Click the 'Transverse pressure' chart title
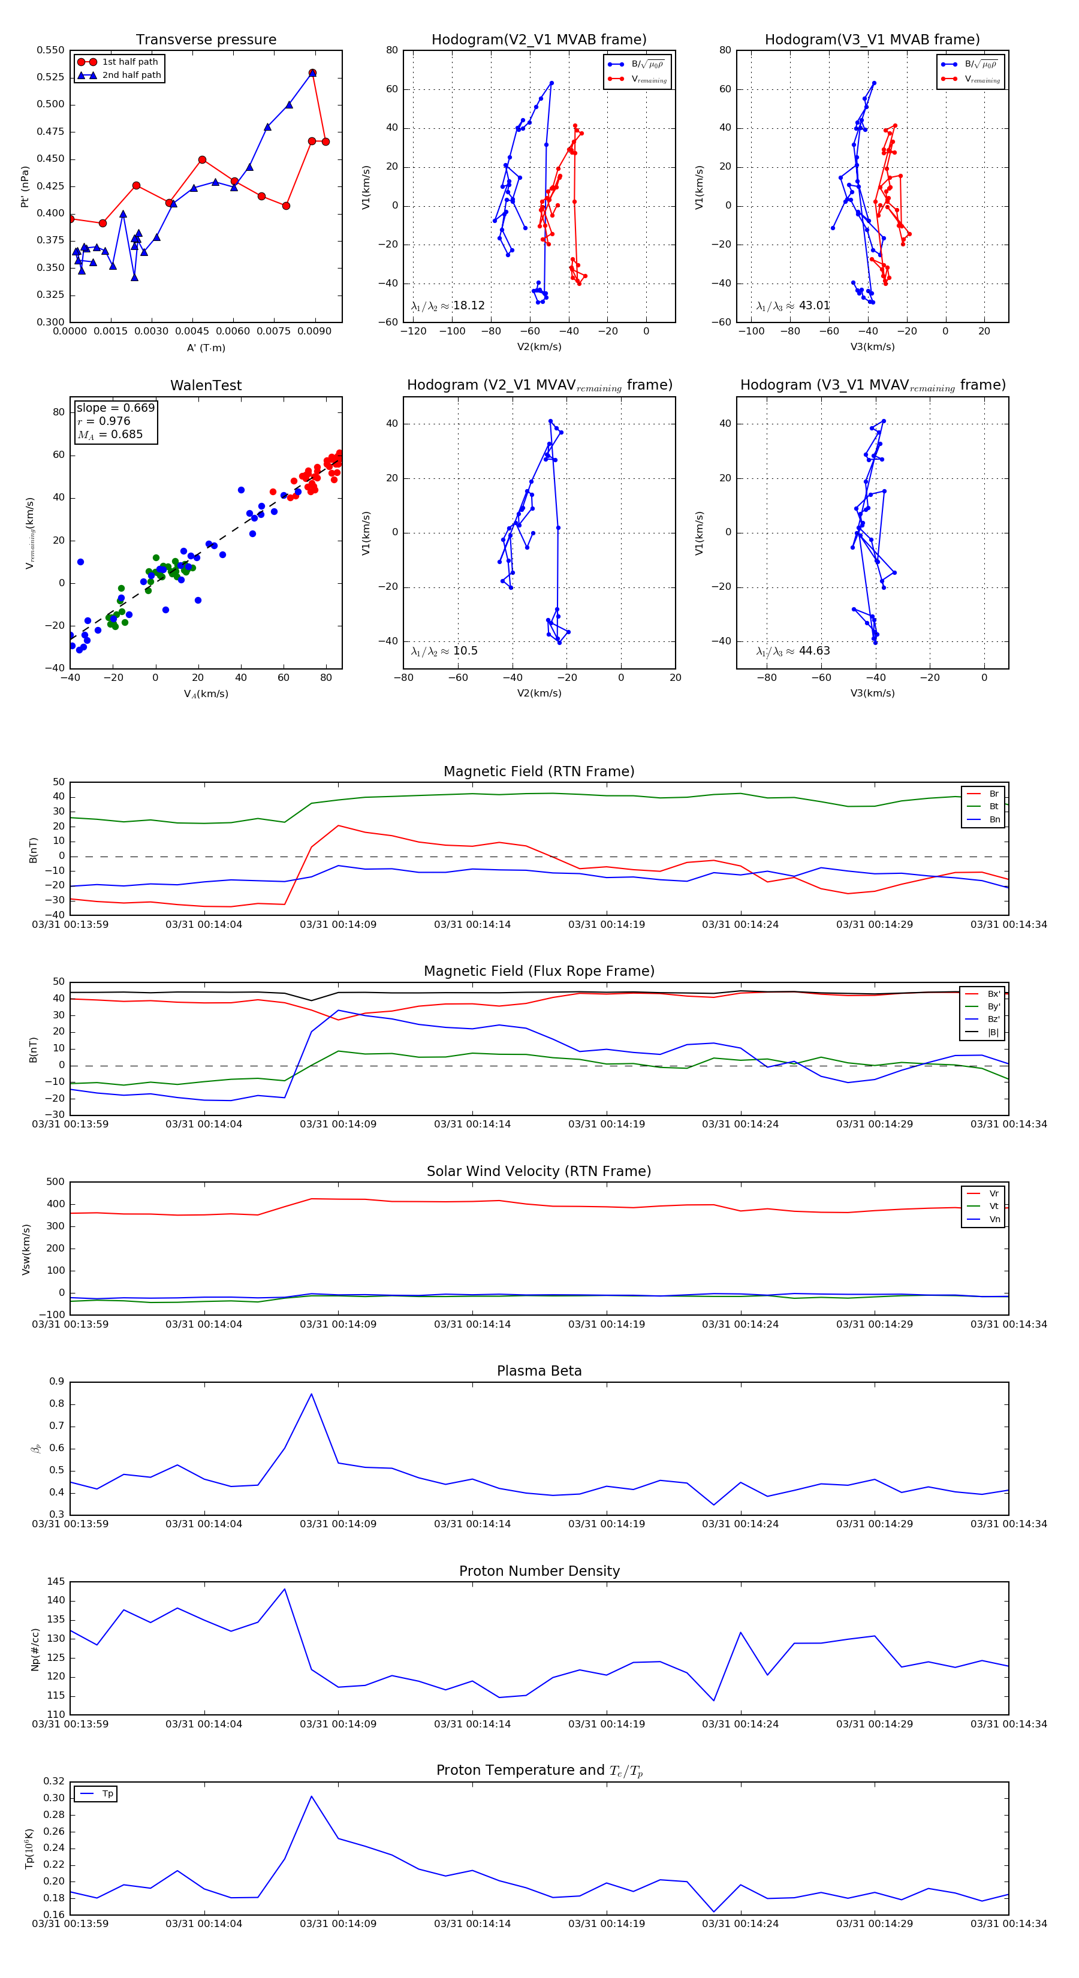click(x=206, y=40)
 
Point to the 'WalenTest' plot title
click(x=206, y=385)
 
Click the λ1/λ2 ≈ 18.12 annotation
click(x=448, y=306)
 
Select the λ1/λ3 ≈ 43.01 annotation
click(x=792, y=306)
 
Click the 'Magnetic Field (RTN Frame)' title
click(x=539, y=771)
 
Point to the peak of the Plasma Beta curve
click(x=311, y=1394)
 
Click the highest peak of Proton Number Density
click(x=285, y=1589)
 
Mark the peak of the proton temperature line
click(x=311, y=1796)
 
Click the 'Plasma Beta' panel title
click(x=539, y=1371)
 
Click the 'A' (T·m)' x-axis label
click(x=206, y=348)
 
